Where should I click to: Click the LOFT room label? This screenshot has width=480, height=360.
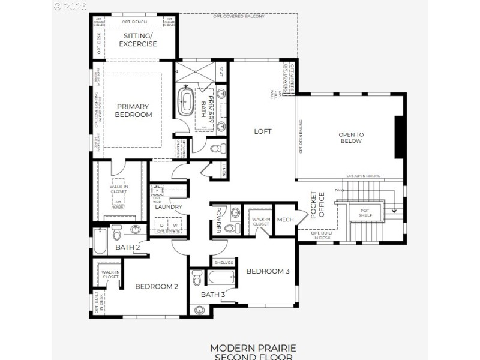(263, 131)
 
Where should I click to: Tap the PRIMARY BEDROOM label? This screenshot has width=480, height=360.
(134, 110)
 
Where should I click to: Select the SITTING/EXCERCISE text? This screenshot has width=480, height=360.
(138, 40)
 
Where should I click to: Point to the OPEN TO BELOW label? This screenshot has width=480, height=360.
(351, 137)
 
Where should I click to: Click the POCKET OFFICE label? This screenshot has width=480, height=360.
(317, 205)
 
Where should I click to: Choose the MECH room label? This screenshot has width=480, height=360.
(285, 220)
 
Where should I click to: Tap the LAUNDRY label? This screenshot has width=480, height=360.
(168, 207)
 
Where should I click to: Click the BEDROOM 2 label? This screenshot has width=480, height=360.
(156, 286)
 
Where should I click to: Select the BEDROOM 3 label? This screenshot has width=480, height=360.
(268, 271)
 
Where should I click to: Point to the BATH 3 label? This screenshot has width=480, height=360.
(213, 294)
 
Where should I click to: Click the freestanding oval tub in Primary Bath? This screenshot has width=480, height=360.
(185, 100)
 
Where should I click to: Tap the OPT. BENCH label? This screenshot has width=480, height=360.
(134, 22)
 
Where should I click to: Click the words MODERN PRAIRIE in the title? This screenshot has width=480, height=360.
(253, 348)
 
